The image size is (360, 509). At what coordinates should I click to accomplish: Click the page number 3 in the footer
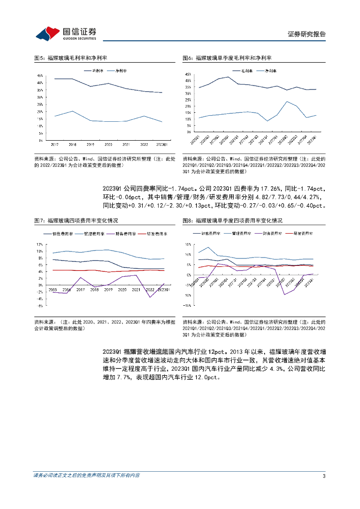click(324, 476)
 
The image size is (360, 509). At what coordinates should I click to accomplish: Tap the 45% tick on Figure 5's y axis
click(40, 76)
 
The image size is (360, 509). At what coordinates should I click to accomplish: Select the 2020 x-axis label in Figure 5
click(108, 144)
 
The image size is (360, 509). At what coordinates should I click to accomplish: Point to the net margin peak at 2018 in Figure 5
click(73, 111)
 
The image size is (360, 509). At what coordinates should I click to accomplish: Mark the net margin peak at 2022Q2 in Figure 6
click(286, 101)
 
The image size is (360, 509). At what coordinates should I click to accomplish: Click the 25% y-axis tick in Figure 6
click(188, 99)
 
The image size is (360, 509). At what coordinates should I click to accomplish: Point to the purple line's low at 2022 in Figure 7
click(150, 297)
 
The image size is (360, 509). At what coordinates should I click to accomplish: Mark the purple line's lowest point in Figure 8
click(285, 295)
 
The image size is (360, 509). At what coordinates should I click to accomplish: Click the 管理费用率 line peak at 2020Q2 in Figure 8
click(208, 248)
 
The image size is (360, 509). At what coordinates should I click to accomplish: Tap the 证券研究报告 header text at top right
click(306, 34)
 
